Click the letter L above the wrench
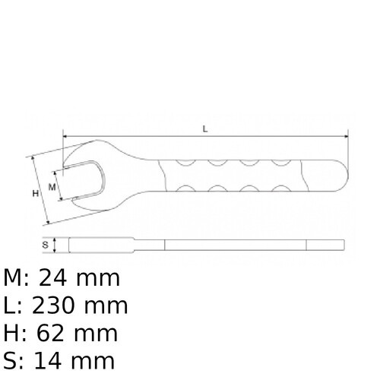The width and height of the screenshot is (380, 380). (204, 128)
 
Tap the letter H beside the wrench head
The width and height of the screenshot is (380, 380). (35, 194)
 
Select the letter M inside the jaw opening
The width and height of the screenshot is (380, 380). (52, 185)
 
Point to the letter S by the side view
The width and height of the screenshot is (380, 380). (45, 245)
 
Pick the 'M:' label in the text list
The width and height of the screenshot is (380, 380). (17, 278)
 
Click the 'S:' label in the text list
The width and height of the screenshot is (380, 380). (14, 360)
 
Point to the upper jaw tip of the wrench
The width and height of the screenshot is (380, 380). (66, 163)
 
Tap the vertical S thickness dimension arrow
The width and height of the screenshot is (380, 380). (56, 245)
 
